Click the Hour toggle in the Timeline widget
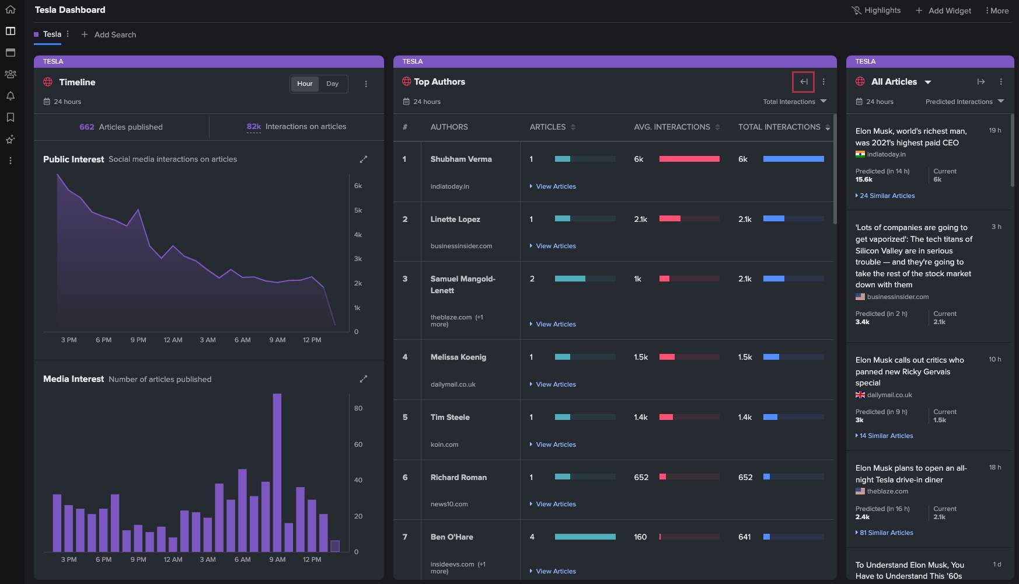click(305, 84)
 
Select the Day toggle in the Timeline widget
click(332, 84)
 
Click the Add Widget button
click(943, 11)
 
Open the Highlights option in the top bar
click(876, 11)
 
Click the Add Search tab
click(109, 34)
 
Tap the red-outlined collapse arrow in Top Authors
click(803, 82)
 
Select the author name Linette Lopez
click(455, 219)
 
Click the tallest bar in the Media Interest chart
click(277, 472)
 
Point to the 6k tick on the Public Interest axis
click(358, 186)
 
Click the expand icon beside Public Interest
click(363, 159)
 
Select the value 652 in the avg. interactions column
click(641, 477)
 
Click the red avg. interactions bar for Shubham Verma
click(689, 159)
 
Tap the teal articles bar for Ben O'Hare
click(585, 537)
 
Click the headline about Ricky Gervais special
click(910, 371)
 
